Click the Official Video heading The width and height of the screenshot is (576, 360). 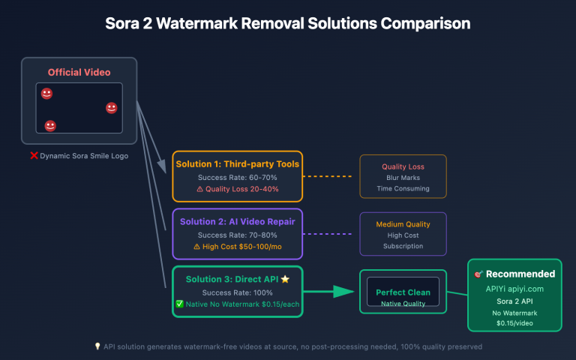[x=79, y=72]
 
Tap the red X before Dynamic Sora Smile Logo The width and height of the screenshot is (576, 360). [x=34, y=155]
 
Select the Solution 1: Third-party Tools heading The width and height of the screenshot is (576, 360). [x=237, y=163]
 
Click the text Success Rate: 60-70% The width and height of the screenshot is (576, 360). [x=237, y=177]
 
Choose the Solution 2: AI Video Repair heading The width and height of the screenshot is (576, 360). [x=237, y=221]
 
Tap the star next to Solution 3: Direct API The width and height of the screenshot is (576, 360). [x=285, y=279]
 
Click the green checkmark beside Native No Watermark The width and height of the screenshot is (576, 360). [x=179, y=304]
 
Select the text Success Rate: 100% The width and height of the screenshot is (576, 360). [x=237, y=292]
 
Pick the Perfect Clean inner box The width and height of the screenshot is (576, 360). [x=403, y=292]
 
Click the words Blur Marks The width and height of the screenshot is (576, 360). [x=403, y=178]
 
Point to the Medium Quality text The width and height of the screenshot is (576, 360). [x=403, y=224]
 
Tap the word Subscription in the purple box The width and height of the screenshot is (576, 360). [x=403, y=245]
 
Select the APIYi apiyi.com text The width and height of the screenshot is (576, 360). [x=514, y=288]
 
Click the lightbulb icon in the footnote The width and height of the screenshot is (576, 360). [x=97, y=346]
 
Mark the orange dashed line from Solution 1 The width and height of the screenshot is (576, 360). [x=327, y=176]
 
